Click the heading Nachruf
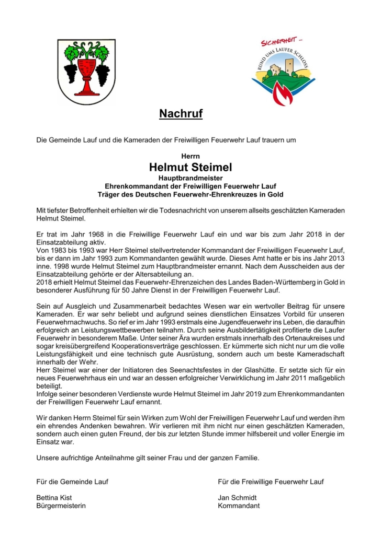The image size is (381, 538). click(181, 113)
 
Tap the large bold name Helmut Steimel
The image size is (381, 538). click(190, 167)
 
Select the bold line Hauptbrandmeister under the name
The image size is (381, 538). click(190, 178)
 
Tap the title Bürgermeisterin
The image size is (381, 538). click(61, 506)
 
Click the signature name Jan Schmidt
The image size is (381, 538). click(237, 498)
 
